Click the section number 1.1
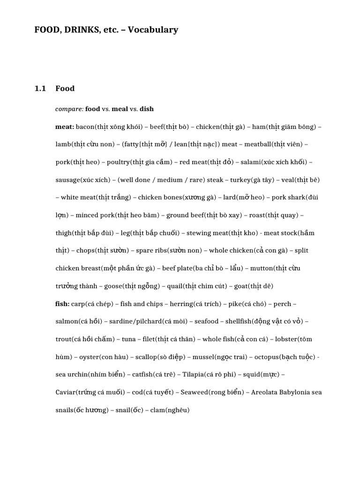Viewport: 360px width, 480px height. point(40,88)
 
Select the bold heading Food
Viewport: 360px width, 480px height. point(65,88)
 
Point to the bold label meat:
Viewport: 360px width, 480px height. point(65,127)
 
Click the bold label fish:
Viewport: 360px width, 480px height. point(62,304)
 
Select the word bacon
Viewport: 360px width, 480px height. point(85,127)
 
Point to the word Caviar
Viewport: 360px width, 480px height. point(66,392)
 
